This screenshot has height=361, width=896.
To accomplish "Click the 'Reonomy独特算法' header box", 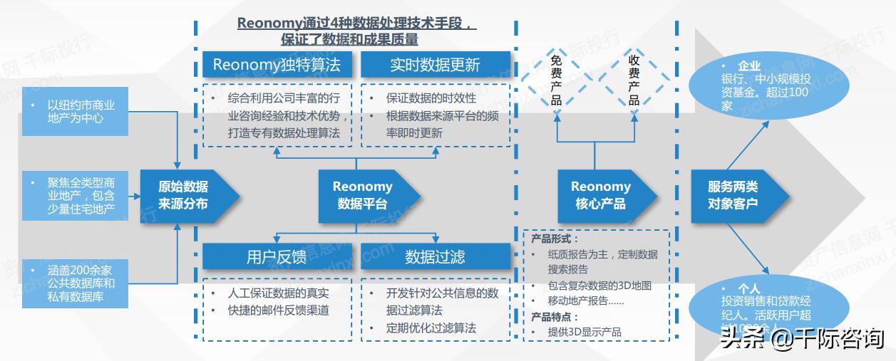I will [x=277, y=66].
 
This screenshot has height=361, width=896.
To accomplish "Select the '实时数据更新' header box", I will [x=435, y=66].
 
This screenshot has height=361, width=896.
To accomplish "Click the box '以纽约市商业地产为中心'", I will [x=75, y=111].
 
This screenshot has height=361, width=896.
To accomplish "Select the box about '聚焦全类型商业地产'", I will [x=75, y=195].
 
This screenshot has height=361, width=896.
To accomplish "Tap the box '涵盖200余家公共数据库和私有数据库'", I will [x=75, y=283].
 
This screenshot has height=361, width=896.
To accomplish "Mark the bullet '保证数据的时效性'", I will [x=431, y=98].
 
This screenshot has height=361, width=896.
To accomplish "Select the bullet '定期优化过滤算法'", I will [x=431, y=328].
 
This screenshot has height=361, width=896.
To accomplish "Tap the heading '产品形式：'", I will [x=555, y=239].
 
